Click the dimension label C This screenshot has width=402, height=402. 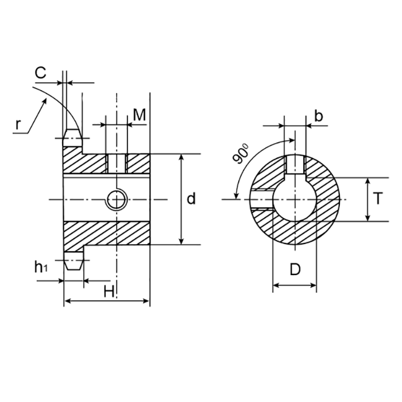pyautogui.click(x=40, y=73)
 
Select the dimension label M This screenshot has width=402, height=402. pyautogui.click(x=140, y=114)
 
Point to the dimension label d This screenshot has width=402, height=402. pyautogui.click(x=191, y=199)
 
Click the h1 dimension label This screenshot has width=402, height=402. pyautogui.click(x=41, y=267)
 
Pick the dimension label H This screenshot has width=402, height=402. pyautogui.click(x=109, y=291)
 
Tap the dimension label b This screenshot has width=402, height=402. pyautogui.click(x=319, y=116)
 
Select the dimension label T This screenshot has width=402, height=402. pyautogui.click(x=377, y=199)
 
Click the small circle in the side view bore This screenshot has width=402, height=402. pyautogui.click(x=117, y=199)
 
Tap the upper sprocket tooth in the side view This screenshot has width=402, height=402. pyautogui.click(x=73, y=136)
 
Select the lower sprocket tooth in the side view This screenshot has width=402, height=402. pyautogui.click(x=73, y=263)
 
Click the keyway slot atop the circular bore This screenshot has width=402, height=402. pyautogui.click(x=295, y=165)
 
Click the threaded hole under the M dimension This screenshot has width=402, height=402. pyautogui.click(x=117, y=163)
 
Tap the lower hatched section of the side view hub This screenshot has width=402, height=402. pyautogui.click(x=106, y=233)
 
